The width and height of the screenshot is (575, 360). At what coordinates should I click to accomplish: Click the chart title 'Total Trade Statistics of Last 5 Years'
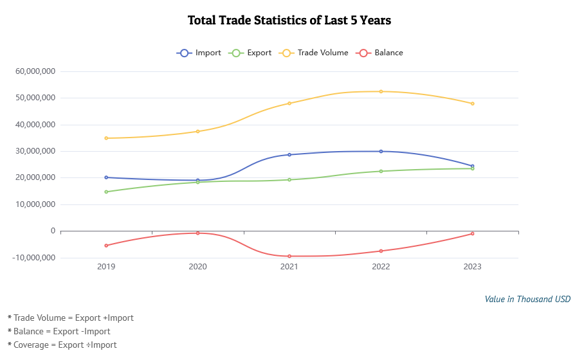click(289, 21)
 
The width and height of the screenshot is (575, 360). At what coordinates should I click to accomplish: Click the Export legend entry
click(251, 53)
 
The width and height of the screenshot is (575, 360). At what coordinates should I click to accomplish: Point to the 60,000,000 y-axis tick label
click(35, 71)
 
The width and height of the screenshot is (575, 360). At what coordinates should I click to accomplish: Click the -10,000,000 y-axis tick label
click(34, 258)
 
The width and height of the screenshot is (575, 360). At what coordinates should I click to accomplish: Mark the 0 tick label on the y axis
click(53, 231)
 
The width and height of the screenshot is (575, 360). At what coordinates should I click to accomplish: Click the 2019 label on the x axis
click(106, 266)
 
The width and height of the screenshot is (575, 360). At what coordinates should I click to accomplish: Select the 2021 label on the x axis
click(289, 266)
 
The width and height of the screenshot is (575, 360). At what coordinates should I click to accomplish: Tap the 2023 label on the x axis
click(472, 266)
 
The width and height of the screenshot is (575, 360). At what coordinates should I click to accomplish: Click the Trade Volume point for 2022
click(381, 91)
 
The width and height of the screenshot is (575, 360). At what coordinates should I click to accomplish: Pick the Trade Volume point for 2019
click(106, 138)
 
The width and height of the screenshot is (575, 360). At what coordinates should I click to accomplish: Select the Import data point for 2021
click(289, 155)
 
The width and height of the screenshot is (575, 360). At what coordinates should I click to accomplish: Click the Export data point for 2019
click(106, 192)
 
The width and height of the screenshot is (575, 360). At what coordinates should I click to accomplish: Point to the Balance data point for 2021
click(289, 256)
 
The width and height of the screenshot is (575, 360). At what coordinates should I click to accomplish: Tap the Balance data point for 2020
click(197, 233)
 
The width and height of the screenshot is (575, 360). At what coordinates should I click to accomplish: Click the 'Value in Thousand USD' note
click(527, 299)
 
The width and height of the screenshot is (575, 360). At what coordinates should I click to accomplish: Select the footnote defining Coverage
click(62, 345)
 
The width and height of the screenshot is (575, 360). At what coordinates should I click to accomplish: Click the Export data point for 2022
click(381, 171)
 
